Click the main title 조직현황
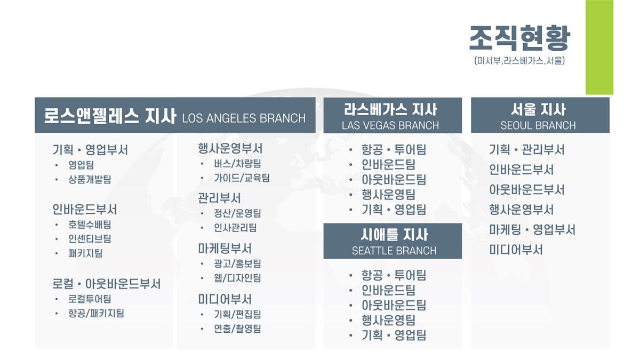tap(519, 38)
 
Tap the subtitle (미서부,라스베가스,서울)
tap(519, 61)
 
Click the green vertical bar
tap(599, 47)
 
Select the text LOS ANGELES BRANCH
tap(244, 118)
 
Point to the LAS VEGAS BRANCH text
tap(390, 125)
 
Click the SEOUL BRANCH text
tap(538, 125)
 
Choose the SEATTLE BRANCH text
tap(394, 251)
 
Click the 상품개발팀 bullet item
tap(90, 179)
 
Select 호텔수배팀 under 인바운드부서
tap(90, 225)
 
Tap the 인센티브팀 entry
tap(90, 239)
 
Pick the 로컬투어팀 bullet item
tap(90, 299)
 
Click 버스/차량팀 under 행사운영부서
tap(238, 163)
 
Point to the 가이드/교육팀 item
tap(242, 178)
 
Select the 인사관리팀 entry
tap(235, 228)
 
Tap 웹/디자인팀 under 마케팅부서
tap(238, 278)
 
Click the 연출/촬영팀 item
tap(238, 329)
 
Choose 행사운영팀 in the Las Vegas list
tap(389, 195)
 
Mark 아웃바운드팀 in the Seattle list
tap(394, 305)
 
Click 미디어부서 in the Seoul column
tap(516, 250)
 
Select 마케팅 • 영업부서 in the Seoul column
tap(532, 230)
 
